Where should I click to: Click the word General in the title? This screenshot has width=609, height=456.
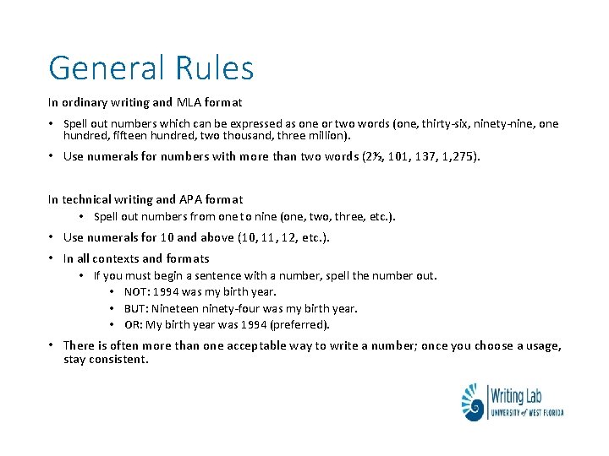[106, 68]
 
